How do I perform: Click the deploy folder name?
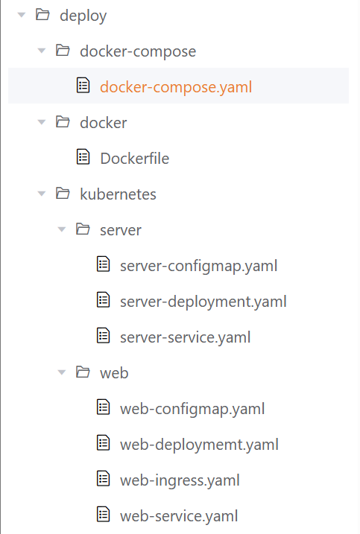[83, 16]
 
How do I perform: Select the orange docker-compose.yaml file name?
[176, 87]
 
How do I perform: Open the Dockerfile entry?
[135, 159]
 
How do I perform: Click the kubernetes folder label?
[118, 194]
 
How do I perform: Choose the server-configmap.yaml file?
[199, 266]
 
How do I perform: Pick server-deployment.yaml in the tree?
[203, 302]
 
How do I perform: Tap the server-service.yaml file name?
[185, 337]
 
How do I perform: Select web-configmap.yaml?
[192, 409]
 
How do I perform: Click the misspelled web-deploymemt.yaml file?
[199, 445]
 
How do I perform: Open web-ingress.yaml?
[180, 480]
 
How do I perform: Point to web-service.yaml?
[179, 516]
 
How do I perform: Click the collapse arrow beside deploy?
[22, 15]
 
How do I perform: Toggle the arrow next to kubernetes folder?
[42, 194]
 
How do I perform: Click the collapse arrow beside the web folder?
[62, 372]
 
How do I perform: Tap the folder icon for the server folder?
[83, 229]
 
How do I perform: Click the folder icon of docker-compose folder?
[63, 51]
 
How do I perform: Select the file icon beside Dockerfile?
[83, 156]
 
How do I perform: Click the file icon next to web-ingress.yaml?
[104, 478]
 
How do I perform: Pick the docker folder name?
[104, 123]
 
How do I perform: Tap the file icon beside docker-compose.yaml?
[83, 85]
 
